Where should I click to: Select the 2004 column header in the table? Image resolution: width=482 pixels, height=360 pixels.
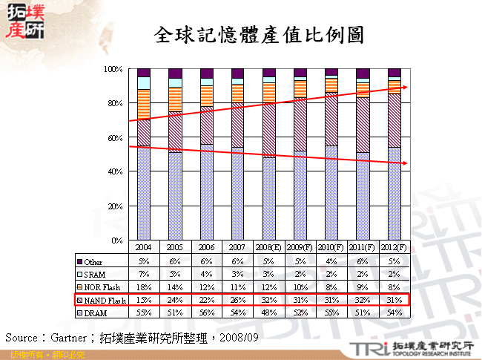point(144,246)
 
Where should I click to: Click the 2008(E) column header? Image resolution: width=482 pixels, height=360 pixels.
point(268,246)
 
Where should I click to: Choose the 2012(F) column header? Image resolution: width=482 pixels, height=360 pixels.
point(394,246)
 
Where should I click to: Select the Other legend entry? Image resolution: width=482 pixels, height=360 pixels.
point(93,261)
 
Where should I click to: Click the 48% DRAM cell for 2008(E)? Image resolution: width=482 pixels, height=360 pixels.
point(268,312)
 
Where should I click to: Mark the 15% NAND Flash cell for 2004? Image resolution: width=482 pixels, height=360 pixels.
point(144,300)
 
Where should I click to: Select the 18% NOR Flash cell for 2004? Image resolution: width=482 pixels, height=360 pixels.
point(144,287)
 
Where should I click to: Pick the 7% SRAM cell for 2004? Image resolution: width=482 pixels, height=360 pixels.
point(144,274)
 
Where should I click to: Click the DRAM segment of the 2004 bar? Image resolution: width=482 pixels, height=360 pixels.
point(144,193)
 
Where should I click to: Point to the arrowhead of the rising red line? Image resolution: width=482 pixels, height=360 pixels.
point(405,87)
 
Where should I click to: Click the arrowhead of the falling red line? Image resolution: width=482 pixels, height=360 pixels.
point(405,164)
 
